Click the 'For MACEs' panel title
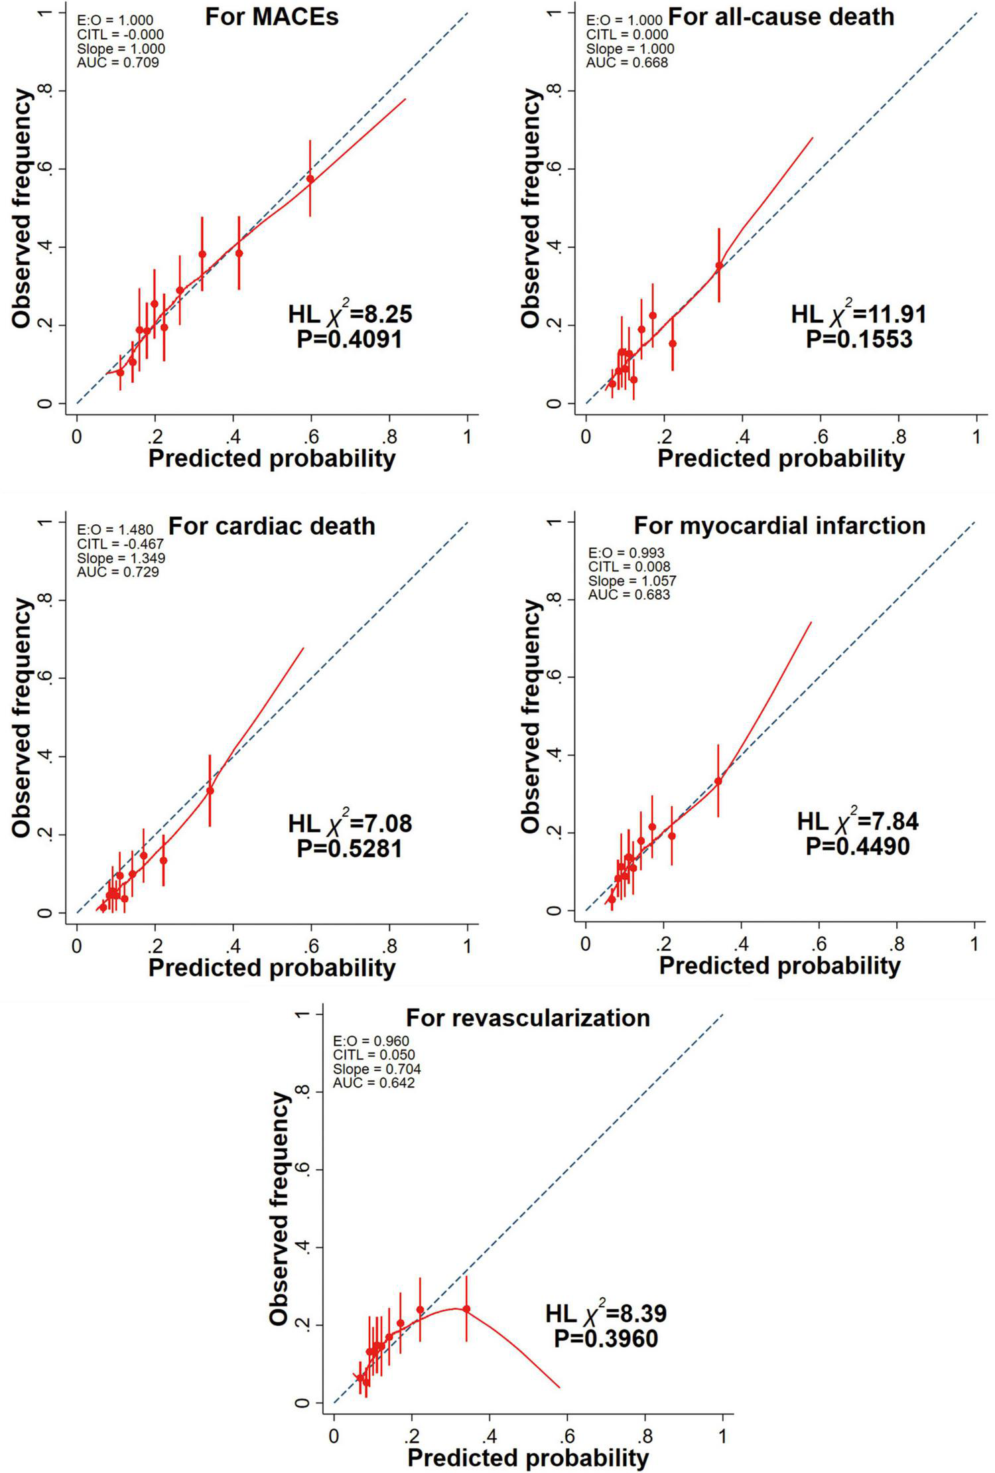tap(271, 17)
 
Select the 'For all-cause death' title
tap(781, 17)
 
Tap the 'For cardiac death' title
tap(271, 526)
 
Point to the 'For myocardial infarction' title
tap(779, 526)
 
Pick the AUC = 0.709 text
tap(117, 63)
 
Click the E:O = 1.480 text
tap(115, 529)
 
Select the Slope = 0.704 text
tap(377, 1069)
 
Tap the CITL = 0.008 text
tap(629, 567)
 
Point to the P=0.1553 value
tap(858, 339)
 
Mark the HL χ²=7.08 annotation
tap(350, 823)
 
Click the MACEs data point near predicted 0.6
tap(310, 179)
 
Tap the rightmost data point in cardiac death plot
tap(210, 790)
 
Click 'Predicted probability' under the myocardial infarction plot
tap(779, 966)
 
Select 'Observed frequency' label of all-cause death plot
tap(531, 208)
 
